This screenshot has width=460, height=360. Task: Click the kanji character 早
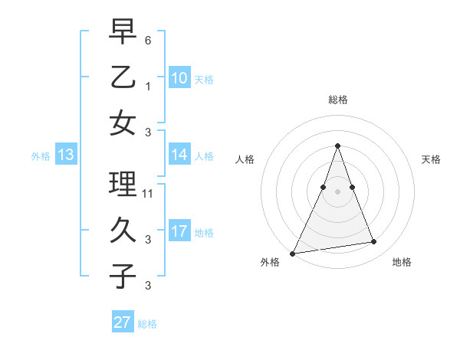(123, 32)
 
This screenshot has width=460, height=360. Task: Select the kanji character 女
(123, 123)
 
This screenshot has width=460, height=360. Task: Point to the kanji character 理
(123, 185)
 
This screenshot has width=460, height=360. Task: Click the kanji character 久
(123, 230)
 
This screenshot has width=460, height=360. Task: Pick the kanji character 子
(123, 276)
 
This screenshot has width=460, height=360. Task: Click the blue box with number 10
(179, 78)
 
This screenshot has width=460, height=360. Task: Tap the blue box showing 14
(179, 155)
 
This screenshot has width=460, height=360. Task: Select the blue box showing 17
(179, 232)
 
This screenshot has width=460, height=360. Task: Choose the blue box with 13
(66, 155)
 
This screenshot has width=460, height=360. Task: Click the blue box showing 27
(123, 322)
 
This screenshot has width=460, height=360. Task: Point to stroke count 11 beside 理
(148, 194)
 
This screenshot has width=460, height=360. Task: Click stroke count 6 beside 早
(148, 40)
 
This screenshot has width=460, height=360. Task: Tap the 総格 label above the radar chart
(337, 100)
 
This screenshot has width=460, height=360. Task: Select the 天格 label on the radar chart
(432, 160)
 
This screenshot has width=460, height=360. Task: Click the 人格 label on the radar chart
(245, 160)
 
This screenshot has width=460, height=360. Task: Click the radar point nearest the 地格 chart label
(374, 242)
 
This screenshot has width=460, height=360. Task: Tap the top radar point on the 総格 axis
(337, 146)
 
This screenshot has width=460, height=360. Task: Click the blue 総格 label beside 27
(147, 324)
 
